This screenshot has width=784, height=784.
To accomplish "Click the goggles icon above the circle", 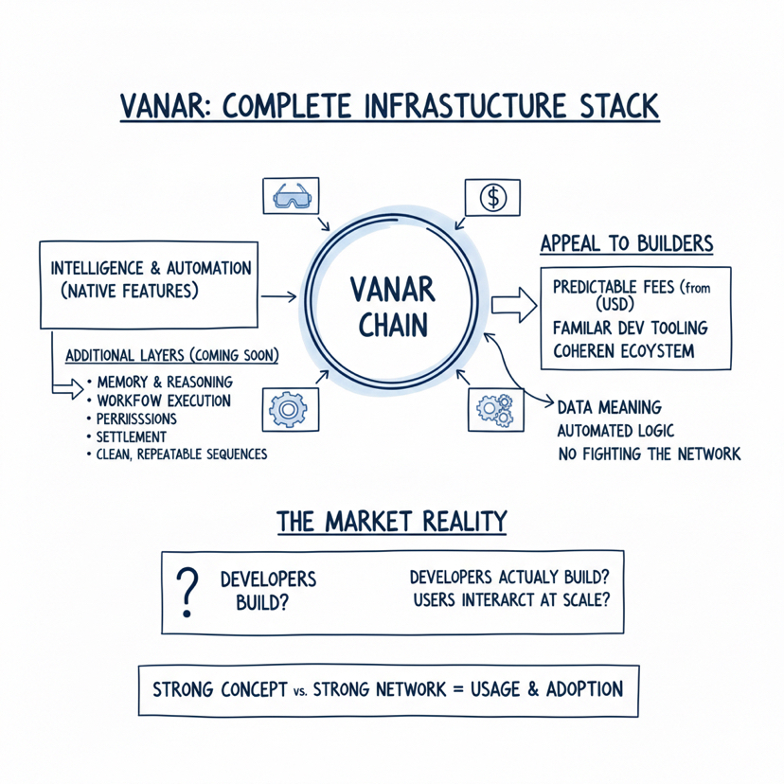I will pyautogui.click(x=290, y=197).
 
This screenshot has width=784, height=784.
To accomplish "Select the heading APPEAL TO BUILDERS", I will pyautogui.click(x=626, y=243).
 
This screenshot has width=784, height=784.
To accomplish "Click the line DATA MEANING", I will pyautogui.click(x=609, y=407).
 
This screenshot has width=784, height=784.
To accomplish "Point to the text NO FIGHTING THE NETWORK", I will pyautogui.click(x=649, y=454).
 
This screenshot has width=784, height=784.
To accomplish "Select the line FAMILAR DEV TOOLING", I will pyautogui.click(x=630, y=328).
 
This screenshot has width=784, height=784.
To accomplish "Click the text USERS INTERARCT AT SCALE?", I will pyautogui.click(x=511, y=599).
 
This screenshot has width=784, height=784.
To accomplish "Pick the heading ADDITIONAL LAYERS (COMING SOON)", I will pyautogui.click(x=171, y=356).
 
